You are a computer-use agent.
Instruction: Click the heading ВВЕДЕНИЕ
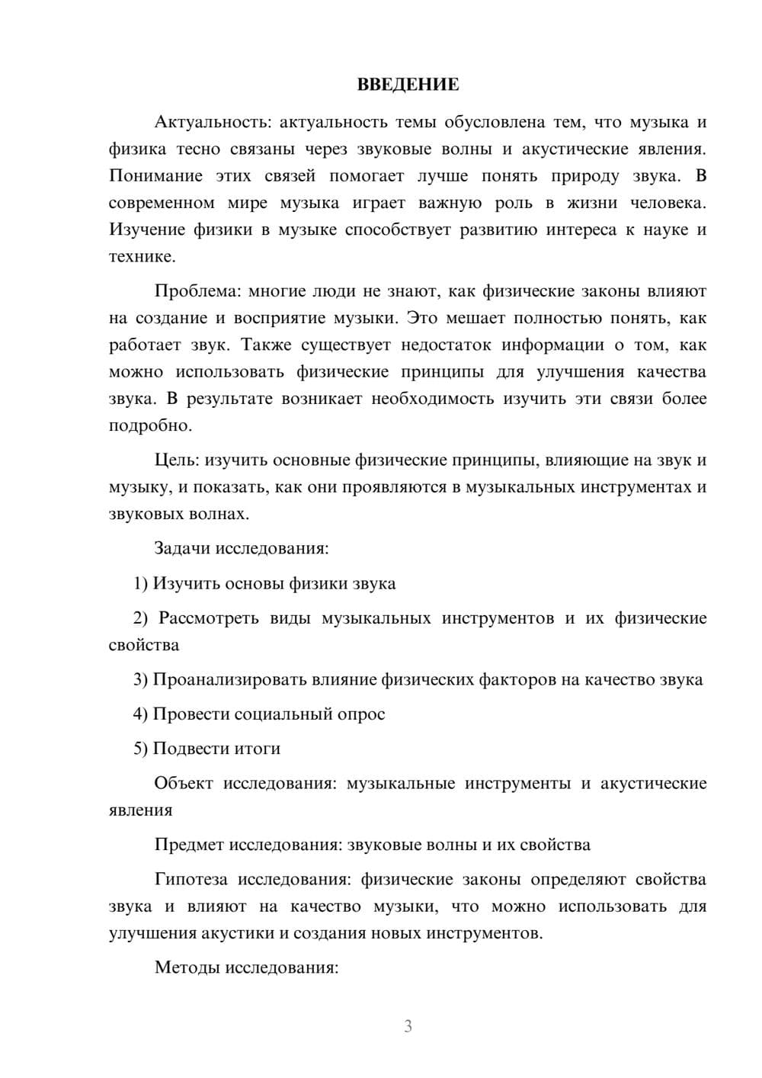coord(408,85)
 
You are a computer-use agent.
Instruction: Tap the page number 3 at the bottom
coord(408,1026)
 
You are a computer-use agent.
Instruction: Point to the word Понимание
coord(155,176)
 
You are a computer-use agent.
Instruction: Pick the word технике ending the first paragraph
coord(142,257)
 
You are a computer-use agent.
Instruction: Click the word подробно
coord(150,425)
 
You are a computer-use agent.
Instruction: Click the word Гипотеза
coord(190,879)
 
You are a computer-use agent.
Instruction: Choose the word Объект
coord(183,783)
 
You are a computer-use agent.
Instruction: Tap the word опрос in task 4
coord(361,714)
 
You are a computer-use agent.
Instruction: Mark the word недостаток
coord(445,345)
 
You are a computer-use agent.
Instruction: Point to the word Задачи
coord(182,548)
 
